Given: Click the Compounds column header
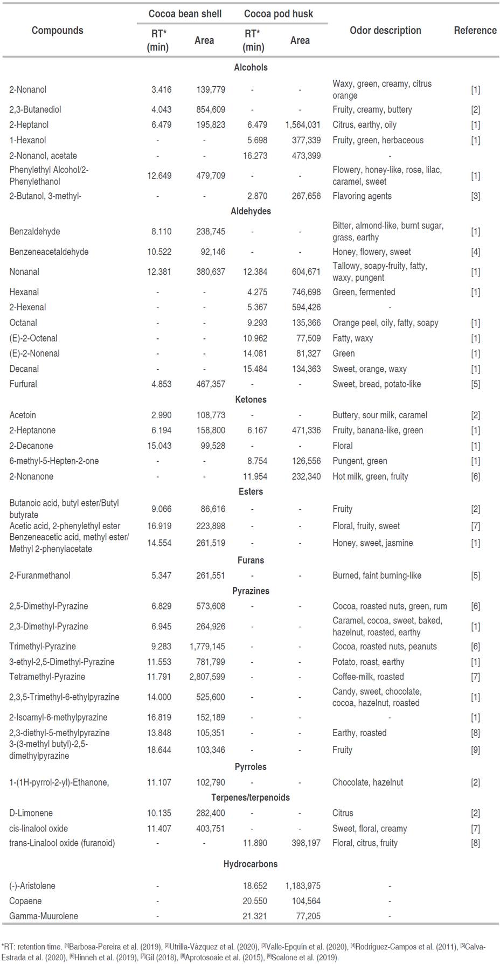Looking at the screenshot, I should tap(57, 31).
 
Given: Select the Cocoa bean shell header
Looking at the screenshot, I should tap(185, 14).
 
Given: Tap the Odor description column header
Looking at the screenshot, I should tap(385, 31).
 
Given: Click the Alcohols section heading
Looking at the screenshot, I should tap(251, 68).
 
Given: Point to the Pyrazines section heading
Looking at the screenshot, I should tap(251, 591).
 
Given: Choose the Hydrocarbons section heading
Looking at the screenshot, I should tap(251, 864).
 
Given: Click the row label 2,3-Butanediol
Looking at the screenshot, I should tap(35, 110).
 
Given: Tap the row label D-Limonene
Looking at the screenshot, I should tap(31, 813).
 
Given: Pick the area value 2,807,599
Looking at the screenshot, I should tap(207, 677).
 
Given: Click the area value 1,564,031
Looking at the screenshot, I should tap(303, 125).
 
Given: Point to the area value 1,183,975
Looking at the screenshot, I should tap(303, 886).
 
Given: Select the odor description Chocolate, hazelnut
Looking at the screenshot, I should tap(367, 782).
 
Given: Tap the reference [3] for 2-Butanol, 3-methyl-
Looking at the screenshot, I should tap(475, 196).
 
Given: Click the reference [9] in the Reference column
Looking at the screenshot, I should tap(475, 750).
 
